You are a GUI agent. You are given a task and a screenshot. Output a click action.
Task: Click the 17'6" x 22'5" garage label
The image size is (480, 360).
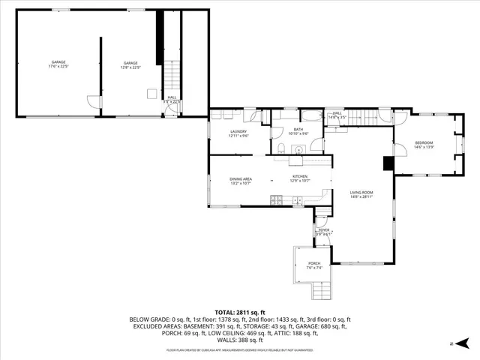click(x=58, y=64)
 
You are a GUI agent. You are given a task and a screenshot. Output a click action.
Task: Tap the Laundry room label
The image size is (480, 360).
click(x=238, y=133)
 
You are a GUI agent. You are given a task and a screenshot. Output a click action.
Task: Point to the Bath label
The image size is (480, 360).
click(x=298, y=131)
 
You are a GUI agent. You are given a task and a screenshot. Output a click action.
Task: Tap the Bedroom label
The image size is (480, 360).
click(x=424, y=145)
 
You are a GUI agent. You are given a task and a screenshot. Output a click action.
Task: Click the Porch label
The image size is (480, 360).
click(x=313, y=265)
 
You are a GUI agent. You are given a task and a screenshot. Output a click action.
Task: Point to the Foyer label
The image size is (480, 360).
click(x=323, y=232)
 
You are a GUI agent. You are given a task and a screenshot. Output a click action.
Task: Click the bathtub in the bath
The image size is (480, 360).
click(x=310, y=117)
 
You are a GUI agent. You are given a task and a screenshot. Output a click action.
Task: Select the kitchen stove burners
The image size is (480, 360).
click(x=277, y=199)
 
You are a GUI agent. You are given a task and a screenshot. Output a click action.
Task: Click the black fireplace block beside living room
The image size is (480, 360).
click(x=388, y=163)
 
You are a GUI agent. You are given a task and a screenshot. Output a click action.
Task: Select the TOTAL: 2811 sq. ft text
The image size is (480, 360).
click(x=239, y=310)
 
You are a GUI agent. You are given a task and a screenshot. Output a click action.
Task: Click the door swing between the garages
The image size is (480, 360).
click(x=92, y=101)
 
